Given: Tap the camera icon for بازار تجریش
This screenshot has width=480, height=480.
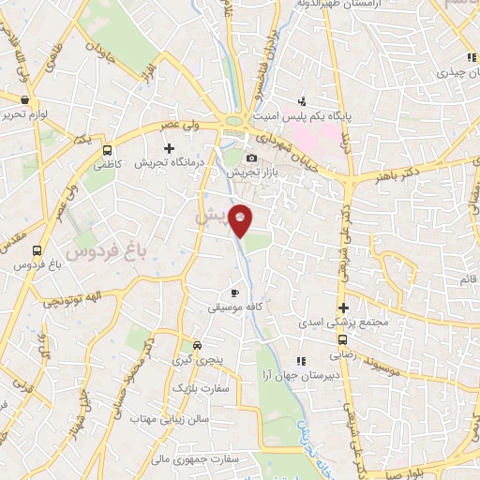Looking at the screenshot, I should [251, 158].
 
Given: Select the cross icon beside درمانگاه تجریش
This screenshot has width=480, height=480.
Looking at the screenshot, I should [169, 148].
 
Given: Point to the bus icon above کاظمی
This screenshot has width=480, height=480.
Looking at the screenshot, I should [108, 149].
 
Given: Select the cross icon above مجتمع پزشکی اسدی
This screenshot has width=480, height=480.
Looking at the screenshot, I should [344, 307].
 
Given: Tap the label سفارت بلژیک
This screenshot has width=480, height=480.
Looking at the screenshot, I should [194, 386].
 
